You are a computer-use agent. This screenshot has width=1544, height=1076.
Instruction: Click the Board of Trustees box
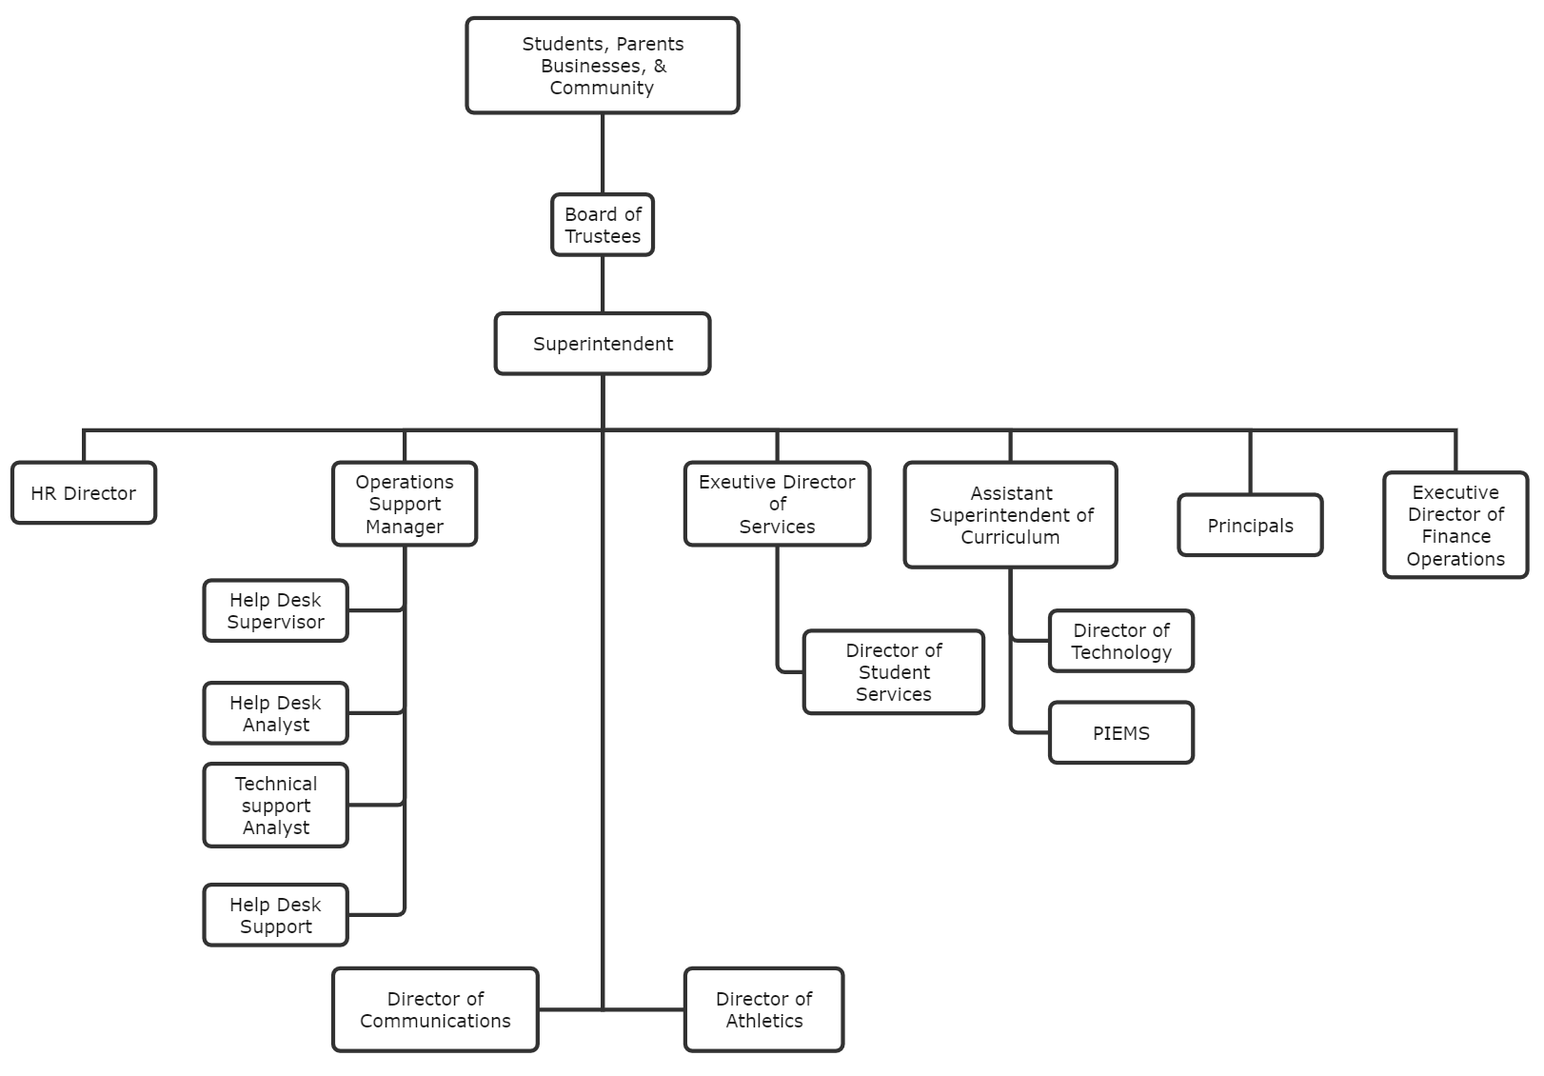(603, 225)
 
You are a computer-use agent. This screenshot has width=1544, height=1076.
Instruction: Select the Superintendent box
(603, 344)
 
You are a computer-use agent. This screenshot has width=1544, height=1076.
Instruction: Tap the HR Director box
(84, 493)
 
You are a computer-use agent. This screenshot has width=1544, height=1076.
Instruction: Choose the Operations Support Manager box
(405, 504)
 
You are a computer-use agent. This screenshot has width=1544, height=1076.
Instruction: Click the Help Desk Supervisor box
(275, 610)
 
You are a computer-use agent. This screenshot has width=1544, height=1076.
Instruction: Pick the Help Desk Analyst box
(275, 713)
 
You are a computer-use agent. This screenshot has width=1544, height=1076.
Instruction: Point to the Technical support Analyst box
(275, 806)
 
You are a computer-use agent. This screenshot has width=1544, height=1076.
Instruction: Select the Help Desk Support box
(275, 915)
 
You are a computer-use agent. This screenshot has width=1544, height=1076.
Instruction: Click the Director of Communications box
(435, 1009)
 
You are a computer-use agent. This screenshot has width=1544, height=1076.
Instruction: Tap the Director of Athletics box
(763, 1009)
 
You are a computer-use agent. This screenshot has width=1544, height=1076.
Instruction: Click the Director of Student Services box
(893, 672)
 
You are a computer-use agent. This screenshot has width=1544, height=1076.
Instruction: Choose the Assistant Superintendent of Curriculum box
(1010, 515)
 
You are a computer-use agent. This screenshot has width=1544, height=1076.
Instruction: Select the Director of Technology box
(1120, 641)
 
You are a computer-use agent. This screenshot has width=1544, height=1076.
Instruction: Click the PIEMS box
(1120, 733)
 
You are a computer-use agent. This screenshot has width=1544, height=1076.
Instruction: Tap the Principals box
(1250, 526)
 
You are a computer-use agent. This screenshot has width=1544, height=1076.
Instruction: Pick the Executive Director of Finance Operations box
(1455, 526)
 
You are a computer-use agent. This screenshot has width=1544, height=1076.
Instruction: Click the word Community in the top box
(602, 88)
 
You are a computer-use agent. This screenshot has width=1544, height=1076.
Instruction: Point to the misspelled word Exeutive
(729, 482)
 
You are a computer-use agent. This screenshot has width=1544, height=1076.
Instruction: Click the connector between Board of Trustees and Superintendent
(603, 284)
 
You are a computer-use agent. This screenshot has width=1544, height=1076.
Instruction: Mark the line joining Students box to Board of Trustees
(603, 153)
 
